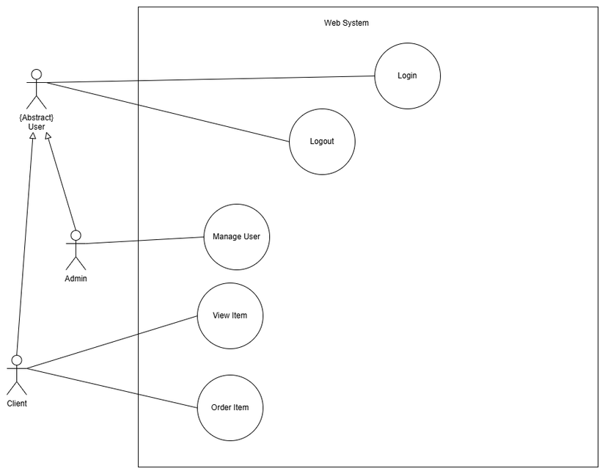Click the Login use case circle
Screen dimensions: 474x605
click(407, 76)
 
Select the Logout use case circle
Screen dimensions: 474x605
click(322, 142)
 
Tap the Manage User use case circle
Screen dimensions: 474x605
click(236, 237)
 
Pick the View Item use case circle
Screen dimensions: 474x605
click(230, 316)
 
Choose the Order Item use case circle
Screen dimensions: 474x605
click(230, 408)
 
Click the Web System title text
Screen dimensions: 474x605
click(346, 23)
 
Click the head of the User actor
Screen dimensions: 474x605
click(36, 74)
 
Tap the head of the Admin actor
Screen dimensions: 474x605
click(75, 235)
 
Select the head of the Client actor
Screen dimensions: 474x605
click(16, 360)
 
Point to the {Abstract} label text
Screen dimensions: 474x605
click(36, 117)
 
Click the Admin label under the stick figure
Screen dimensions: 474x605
click(76, 279)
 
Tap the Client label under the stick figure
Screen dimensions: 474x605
click(17, 404)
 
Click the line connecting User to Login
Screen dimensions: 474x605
click(213, 79)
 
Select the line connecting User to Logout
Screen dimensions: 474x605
click(169, 112)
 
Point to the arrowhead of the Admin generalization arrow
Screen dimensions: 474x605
click(48, 136)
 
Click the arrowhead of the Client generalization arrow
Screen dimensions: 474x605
click(32, 136)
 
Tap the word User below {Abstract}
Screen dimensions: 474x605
click(36, 127)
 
